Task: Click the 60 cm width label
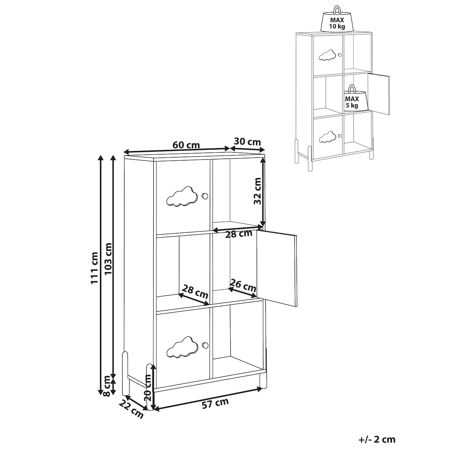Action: [186, 145]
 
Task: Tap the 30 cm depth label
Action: [247, 142]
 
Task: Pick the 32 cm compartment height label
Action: [257, 191]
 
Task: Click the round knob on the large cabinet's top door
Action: [205, 196]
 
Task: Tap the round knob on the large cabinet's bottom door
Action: [205, 345]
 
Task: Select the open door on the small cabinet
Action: [378, 94]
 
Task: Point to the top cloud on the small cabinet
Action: [327, 55]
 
